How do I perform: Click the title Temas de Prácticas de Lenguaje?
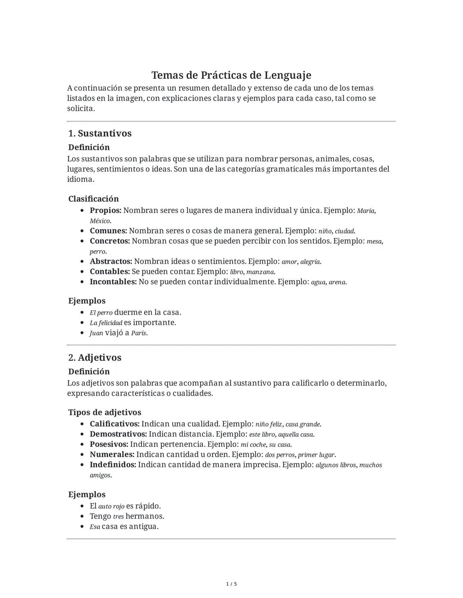pyautogui.click(x=231, y=75)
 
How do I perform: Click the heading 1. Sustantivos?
pyautogui.click(x=100, y=133)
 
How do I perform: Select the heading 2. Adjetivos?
pyautogui.click(x=95, y=357)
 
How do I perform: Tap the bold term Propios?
pyautogui.click(x=105, y=210)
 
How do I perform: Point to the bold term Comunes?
pyautogui.click(x=108, y=231)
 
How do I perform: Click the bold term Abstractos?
pyautogui.click(x=111, y=261)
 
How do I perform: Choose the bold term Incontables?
pyautogui.click(x=113, y=282)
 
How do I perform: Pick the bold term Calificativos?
pyautogui.click(x=114, y=424)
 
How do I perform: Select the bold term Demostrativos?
pyautogui.click(x=118, y=434)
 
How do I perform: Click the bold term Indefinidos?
pyautogui.click(x=113, y=465)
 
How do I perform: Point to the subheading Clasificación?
pyautogui.click(x=93, y=199)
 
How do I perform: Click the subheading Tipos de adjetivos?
pyautogui.click(x=105, y=412)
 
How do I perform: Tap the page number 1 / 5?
pyautogui.click(x=231, y=584)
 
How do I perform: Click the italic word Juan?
pyautogui.click(x=96, y=333)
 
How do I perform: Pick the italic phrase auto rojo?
pyautogui.click(x=111, y=506)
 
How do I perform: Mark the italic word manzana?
pyautogui.click(x=261, y=272)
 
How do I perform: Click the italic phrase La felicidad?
pyautogui.click(x=106, y=323)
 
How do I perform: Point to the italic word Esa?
pyautogui.click(x=95, y=527)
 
